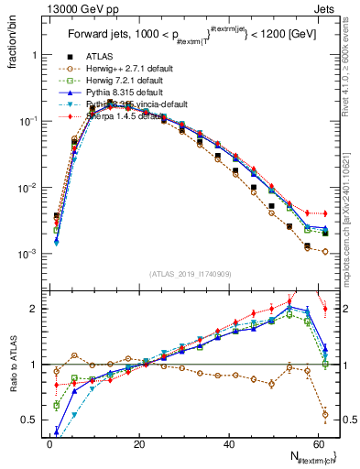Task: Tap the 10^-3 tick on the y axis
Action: tap(30, 254)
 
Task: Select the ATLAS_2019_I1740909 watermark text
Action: tap(189, 274)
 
